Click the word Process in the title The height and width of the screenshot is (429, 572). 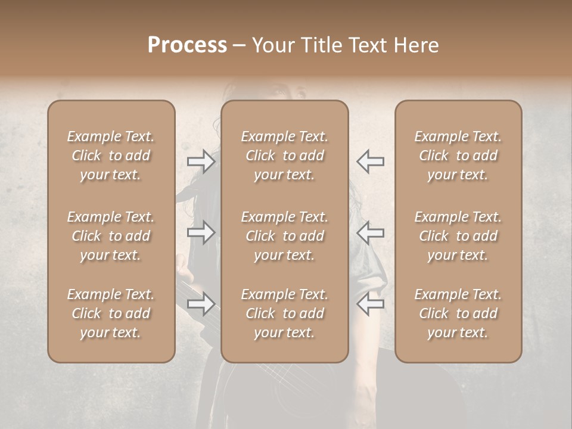tap(187, 45)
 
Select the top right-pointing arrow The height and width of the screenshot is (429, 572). tap(201, 161)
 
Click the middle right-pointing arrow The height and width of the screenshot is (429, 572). tap(201, 232)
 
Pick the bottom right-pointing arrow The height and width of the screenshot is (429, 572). tap(201, 304)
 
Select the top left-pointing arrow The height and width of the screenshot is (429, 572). tap(371, 161)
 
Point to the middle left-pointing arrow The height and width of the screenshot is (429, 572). tap(371, 232)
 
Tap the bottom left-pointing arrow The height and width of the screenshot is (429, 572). tap(371, 304)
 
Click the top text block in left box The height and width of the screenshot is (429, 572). tap(111, 156)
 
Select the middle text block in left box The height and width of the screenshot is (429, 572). tap(111, 236)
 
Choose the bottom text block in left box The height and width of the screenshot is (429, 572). tap(111, 313)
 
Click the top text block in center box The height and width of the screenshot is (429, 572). tap(285, 156)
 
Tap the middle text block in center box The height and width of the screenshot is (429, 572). tap(285, 236)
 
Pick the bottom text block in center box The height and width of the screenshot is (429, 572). tap(285, 313)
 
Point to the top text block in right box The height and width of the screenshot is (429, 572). tap(458, 156)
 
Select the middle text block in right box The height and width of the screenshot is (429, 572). tap(458, 236)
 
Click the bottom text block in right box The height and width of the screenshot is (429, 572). tap(458, 313)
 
